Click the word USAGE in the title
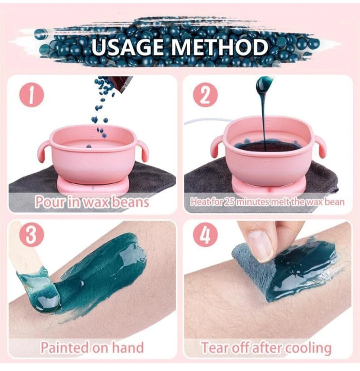[x=129, y=47]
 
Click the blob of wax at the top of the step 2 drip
[x=264, y=84]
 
